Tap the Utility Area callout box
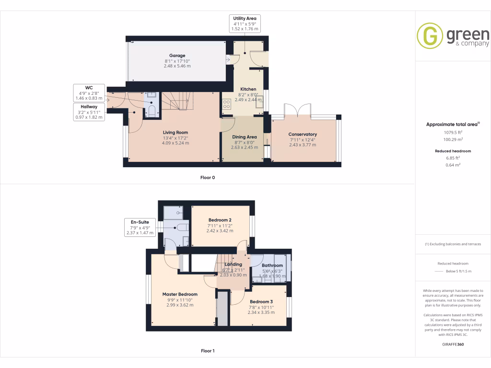(x=245, y=23)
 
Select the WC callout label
(x=89, y=92)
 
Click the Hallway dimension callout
(x=89, y=112)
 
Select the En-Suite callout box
(x=140, y=227)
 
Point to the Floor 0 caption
(x=208, y=177)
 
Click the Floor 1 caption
(x=208, y=351)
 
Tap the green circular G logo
(x=430, y=36)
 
